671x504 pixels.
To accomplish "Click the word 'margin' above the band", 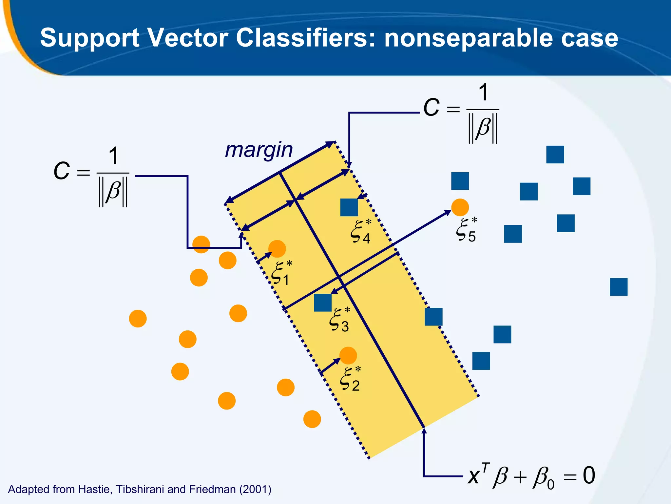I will [x=259, y=150].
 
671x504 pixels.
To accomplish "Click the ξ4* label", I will [x=361, y=232].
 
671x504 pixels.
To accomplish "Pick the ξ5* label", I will [x=466, y=230].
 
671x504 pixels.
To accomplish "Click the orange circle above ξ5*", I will [x=460, y=207].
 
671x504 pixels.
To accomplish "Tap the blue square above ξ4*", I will [x=349, y=207].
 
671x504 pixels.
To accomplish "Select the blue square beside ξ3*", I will [x=323, y=303].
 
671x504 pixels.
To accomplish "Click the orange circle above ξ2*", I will [x=348, y=356].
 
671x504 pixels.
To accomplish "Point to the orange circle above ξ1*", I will [x=277, y=249].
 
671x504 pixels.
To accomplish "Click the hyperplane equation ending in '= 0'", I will [x=531, y=476].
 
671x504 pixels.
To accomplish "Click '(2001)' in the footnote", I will [x=255, y=489].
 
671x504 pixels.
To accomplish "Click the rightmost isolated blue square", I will [x=619, y=287].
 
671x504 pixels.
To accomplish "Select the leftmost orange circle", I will [x=138, y=319].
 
